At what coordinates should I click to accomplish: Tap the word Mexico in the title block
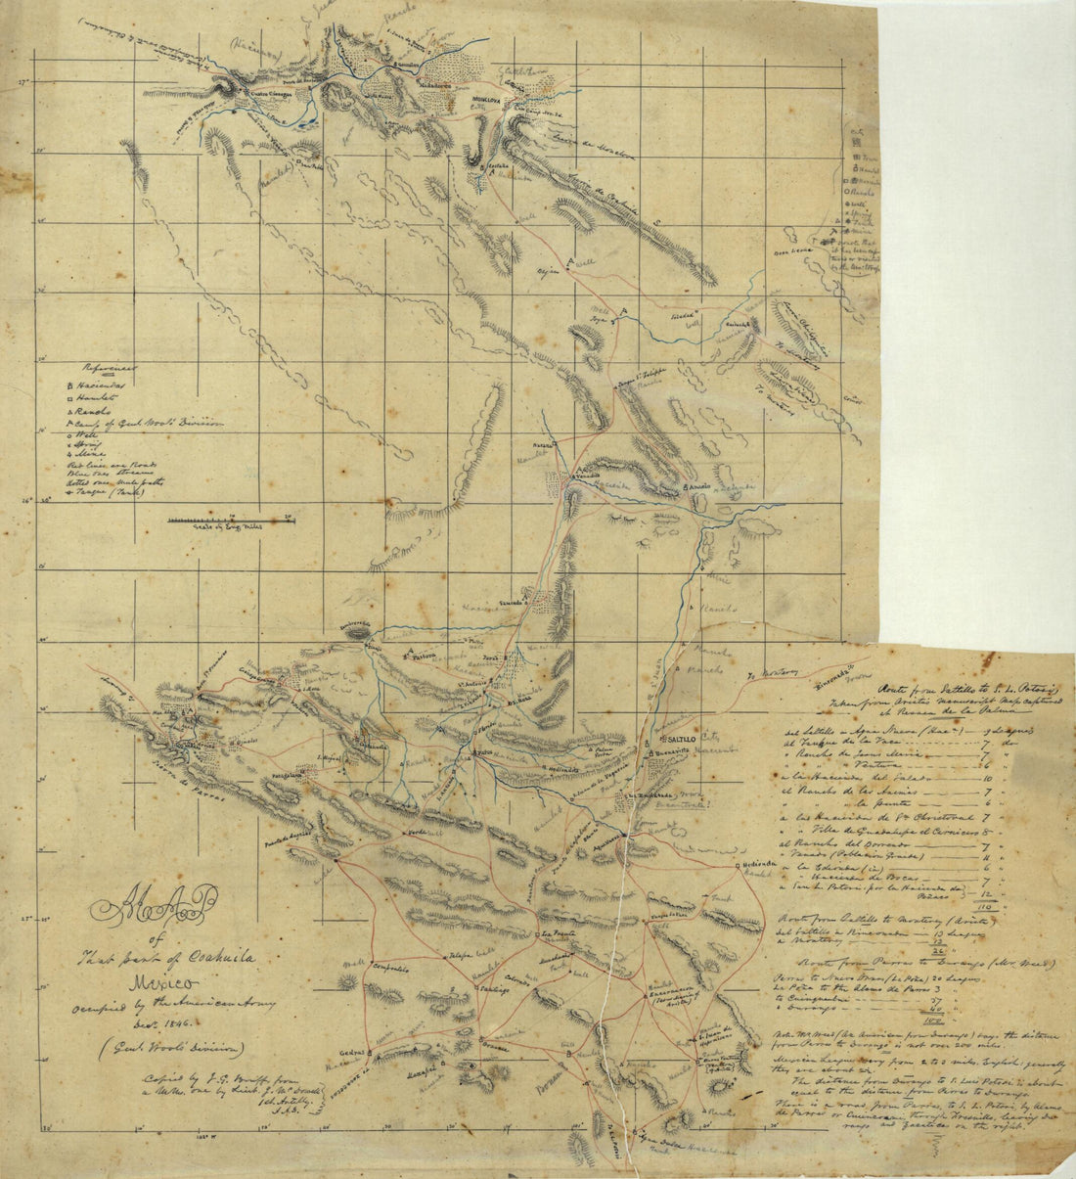[148, 980]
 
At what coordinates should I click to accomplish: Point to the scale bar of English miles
[231, 520]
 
